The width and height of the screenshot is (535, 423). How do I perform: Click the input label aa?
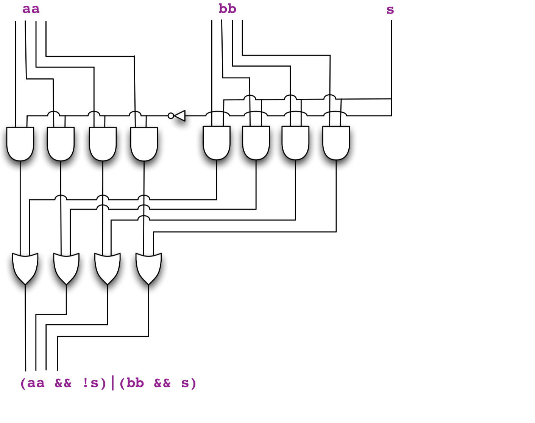pyautogui.click(x=31, y=9)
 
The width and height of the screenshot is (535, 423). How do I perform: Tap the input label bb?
pyautogui.click(x=227, y=9)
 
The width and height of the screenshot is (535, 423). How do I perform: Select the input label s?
pyautogui.click(x=390, y=10)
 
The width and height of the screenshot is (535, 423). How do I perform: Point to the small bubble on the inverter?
pyautogui.click(x=171, y=116)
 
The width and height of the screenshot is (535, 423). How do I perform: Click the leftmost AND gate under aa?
pyautogui.click(x=20, y=143)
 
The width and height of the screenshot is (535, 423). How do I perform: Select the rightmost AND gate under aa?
pyautogui.click(x=144, y=143)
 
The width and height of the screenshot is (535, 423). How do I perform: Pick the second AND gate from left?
pyautogui.click(x=61, y=143)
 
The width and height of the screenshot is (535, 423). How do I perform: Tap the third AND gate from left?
pyautogui.click(x=103, y=143)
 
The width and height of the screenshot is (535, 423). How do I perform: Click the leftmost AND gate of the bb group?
pyautogui.click(x=217, y=142)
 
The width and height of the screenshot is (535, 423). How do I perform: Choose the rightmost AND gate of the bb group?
pyautogui.click(x=336, y=142)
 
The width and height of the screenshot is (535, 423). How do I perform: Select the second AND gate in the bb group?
pyautogui.click(x=256, y=142)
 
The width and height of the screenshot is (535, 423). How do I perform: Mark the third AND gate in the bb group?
pyautogui.click(x=295, y=142)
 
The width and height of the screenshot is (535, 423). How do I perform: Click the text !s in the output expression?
pyautogui.click(x=90, y=383)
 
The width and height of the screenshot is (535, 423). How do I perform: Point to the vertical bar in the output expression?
pyautogui.click(x=113, y=383)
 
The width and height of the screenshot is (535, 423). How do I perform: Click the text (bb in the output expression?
pyautogui.click(x=131, y=383)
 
